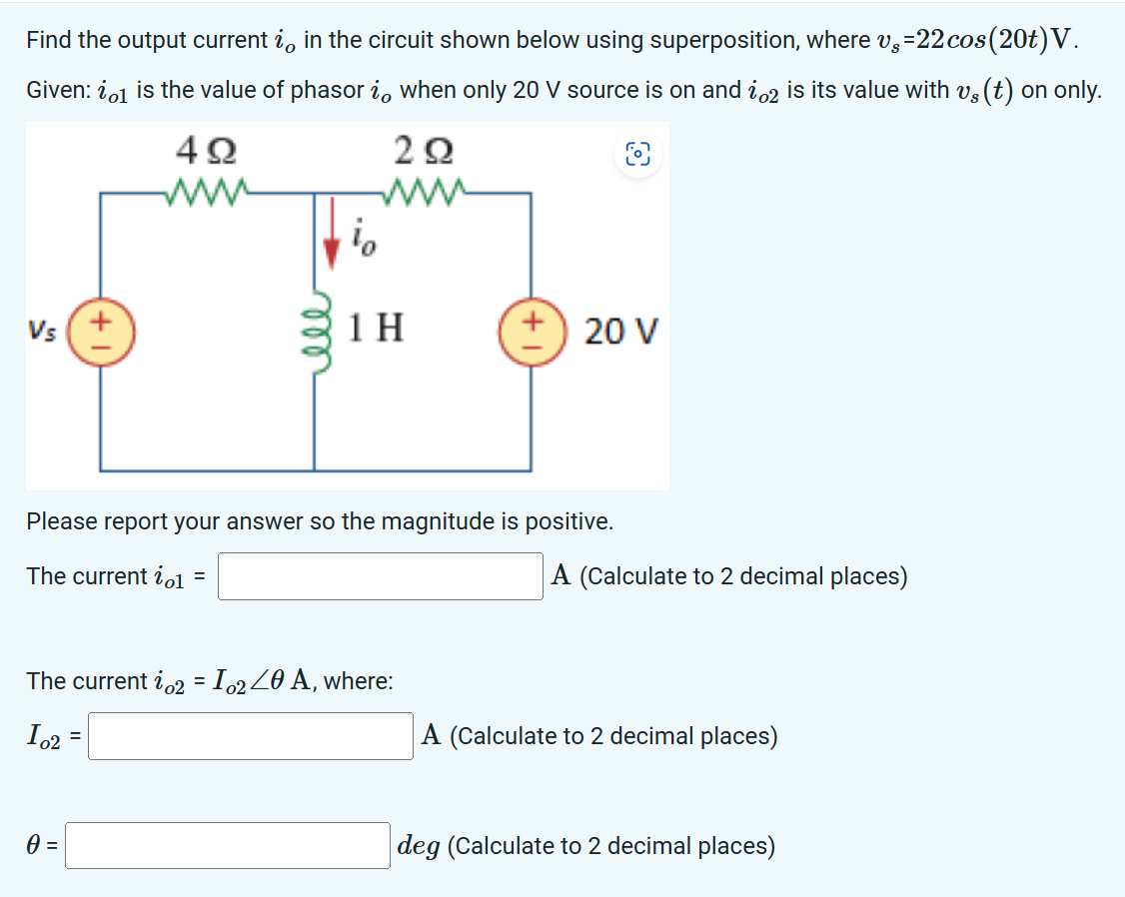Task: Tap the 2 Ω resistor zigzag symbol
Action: point(426,187)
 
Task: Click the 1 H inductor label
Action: point(377,328)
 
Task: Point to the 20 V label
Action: point(620,331)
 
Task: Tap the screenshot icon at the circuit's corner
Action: point(637,154)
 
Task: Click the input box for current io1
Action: point(381,576)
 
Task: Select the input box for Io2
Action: point(251,736)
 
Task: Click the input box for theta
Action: point(229,846)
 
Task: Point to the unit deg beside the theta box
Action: point(419,846)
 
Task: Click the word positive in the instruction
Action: point(566,520)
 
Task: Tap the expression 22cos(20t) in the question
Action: point(985,40)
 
